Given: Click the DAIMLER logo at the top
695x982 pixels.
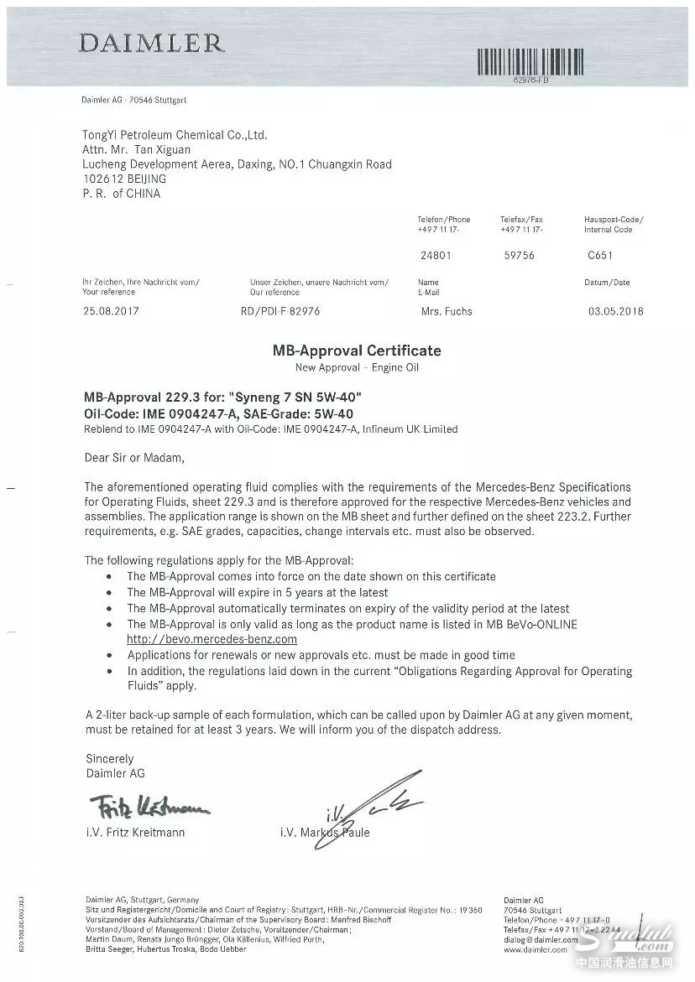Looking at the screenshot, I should coord(151,43).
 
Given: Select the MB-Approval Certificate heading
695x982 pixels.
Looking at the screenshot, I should coord(357,351).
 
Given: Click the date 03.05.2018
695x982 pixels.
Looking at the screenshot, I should coord(616,311).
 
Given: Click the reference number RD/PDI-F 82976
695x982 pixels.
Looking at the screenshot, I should coord(280,311).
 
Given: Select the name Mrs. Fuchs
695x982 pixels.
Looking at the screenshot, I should coord(447,311).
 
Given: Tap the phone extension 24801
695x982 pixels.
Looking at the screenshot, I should coord(431,256).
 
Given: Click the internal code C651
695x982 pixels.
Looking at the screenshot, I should coord(601,256).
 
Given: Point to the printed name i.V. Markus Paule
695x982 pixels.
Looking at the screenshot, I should coord(326,833).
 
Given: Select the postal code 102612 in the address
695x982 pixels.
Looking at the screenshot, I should coord(101,179).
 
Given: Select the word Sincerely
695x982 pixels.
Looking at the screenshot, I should coord(109,759).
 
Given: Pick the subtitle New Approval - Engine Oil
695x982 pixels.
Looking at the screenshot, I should coord(357,367).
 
